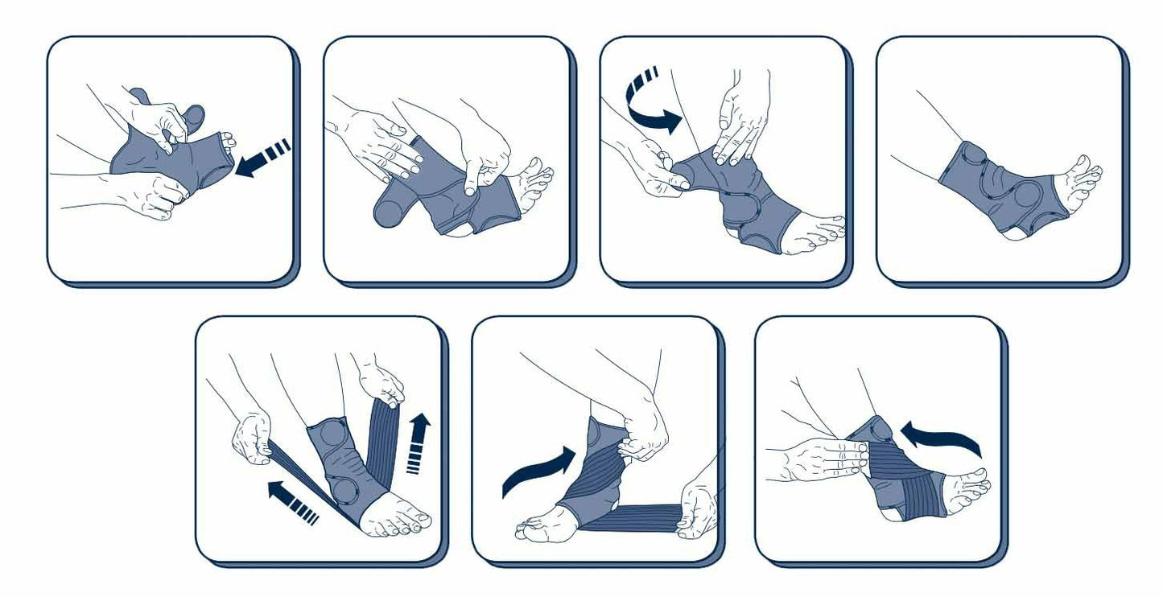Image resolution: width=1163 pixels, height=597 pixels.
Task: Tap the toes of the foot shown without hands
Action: (1083, 173)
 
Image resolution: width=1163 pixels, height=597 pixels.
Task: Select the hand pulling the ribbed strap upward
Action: (381, 379)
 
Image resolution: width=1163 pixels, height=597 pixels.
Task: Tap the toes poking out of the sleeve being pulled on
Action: (228, 145)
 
